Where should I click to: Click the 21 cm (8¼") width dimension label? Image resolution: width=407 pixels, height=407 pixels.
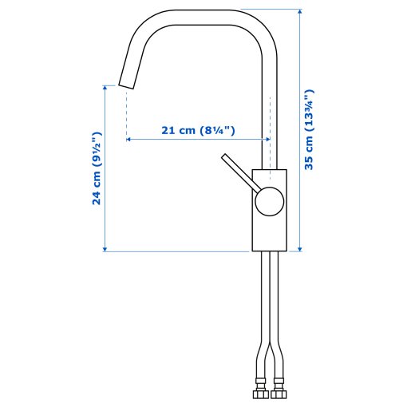(198, 130)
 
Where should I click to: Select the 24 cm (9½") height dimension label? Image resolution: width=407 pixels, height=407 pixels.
(97, 168)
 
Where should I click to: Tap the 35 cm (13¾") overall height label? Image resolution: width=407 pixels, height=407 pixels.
(310, 130)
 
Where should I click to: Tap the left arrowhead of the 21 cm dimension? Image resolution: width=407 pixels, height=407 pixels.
(129, 140)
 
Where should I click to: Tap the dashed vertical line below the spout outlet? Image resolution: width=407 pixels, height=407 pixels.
(127, 112)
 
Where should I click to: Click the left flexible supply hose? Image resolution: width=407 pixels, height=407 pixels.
(263, 319)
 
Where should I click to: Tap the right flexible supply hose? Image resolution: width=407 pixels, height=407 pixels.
(278, 319)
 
